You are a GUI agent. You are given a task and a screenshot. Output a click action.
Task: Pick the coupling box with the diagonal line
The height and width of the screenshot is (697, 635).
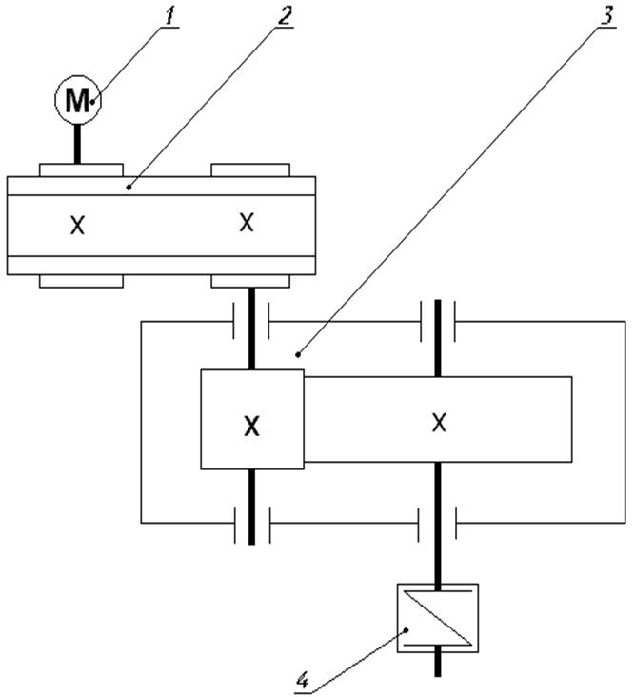[x=437, y=616]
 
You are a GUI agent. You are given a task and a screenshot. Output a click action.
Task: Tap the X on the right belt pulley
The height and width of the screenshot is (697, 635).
[x=247, y=223]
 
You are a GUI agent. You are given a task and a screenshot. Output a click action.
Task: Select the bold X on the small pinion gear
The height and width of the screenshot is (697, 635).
[x=251, y=428]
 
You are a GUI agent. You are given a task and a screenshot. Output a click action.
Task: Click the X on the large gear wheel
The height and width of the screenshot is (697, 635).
[x=438, y=422]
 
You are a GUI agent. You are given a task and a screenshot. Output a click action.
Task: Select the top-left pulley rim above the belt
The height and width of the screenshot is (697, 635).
[x=81, y=169]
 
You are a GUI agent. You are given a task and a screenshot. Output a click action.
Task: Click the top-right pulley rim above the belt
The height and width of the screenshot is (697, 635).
[x=250, y=169]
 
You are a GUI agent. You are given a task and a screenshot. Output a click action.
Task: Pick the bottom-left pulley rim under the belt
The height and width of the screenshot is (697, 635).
[x=81, y=281]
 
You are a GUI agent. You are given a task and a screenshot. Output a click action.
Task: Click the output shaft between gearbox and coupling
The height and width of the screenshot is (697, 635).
[x=438, y=562]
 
